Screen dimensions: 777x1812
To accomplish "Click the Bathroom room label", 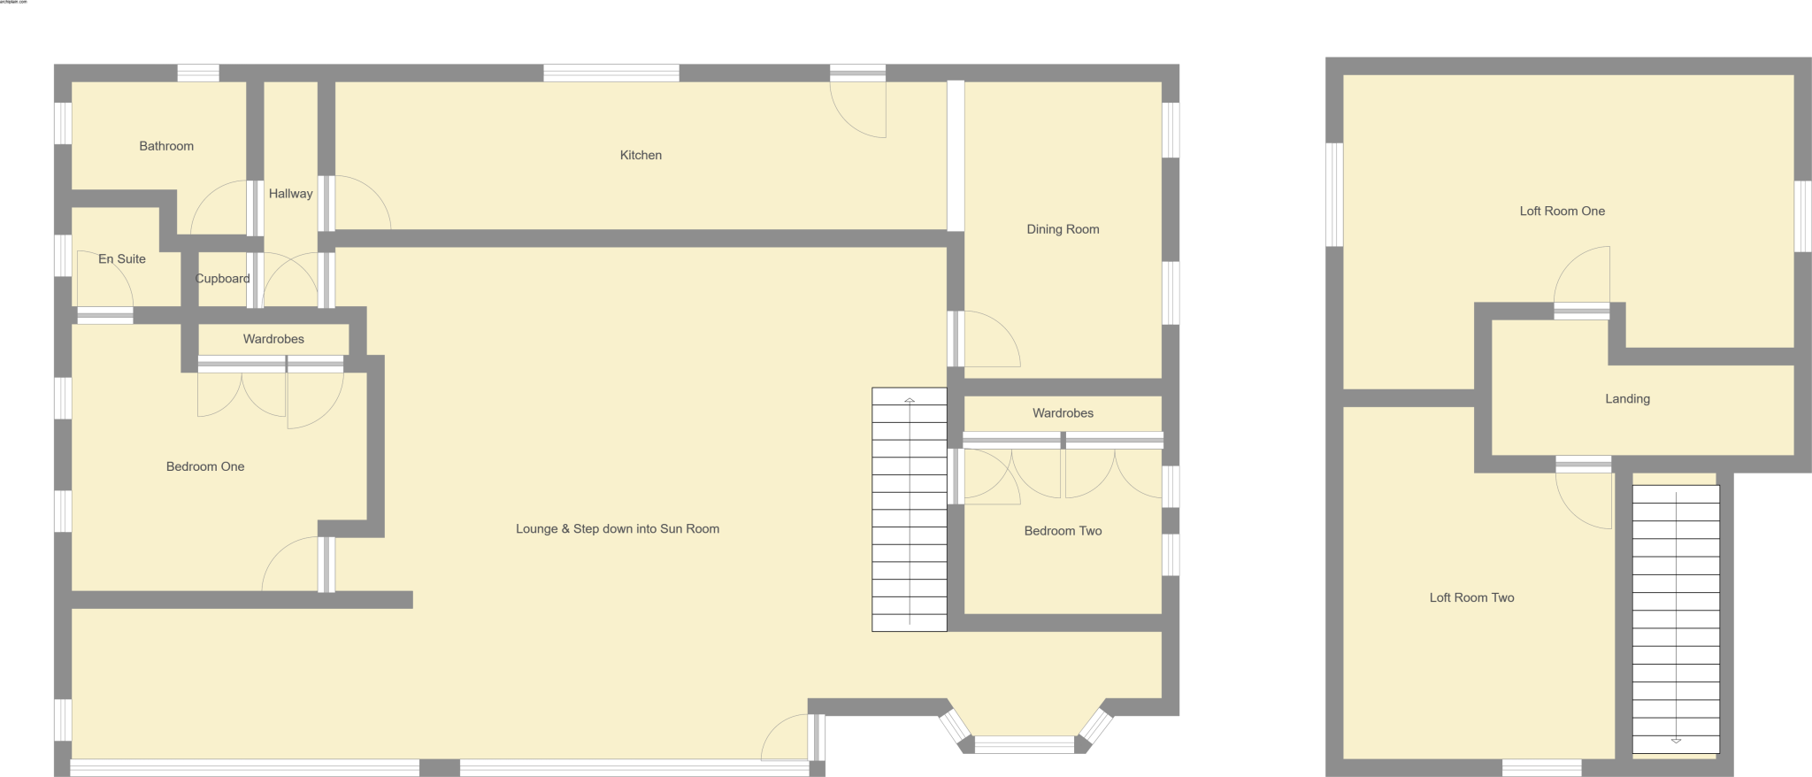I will [x=166, y=146].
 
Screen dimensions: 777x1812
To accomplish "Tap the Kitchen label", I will [x=641, y=155].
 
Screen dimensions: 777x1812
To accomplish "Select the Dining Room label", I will [x=1063, y=229].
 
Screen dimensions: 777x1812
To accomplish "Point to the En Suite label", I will [x=122, y=259].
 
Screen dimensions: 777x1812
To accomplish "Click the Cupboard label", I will [x=222, y=279].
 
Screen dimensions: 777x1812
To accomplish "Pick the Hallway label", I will [x=290, y=194].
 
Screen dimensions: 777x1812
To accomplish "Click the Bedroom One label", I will [x=205, y=466].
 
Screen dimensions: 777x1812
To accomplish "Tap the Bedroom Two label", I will [x=1063, y=531].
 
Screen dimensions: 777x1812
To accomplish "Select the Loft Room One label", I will [x=1562, y=211].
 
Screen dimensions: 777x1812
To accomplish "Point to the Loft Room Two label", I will [x=1471, y=597].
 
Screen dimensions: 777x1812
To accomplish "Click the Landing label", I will [x=1627, y=399].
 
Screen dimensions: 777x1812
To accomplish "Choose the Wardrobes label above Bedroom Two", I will [x=1063, y=413].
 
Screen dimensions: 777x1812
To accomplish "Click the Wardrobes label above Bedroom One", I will [x=273, y=339].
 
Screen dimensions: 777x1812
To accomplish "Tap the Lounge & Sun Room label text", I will [x=618, y=529].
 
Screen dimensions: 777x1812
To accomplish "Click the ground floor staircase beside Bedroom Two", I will [x=910, y=510].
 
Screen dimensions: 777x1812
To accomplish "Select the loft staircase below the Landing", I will [x=1676, y=619].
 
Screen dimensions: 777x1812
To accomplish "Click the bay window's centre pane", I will [x=1024, y=744].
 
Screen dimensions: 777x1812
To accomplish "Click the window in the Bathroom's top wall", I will [x=197, y=73].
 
